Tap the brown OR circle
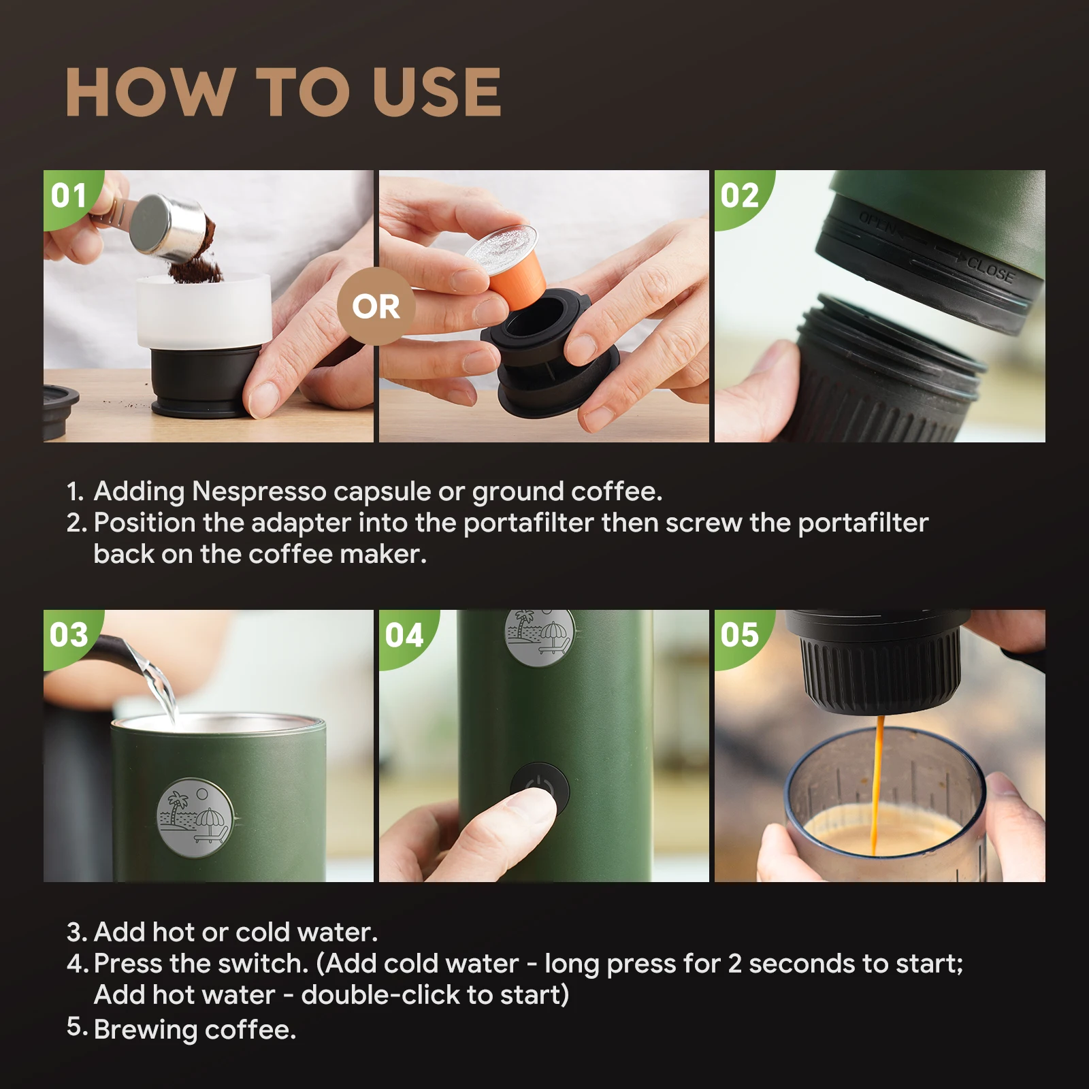376,306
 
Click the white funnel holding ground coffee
204,310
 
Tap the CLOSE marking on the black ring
991,270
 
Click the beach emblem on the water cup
195,817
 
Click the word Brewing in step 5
146,1030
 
